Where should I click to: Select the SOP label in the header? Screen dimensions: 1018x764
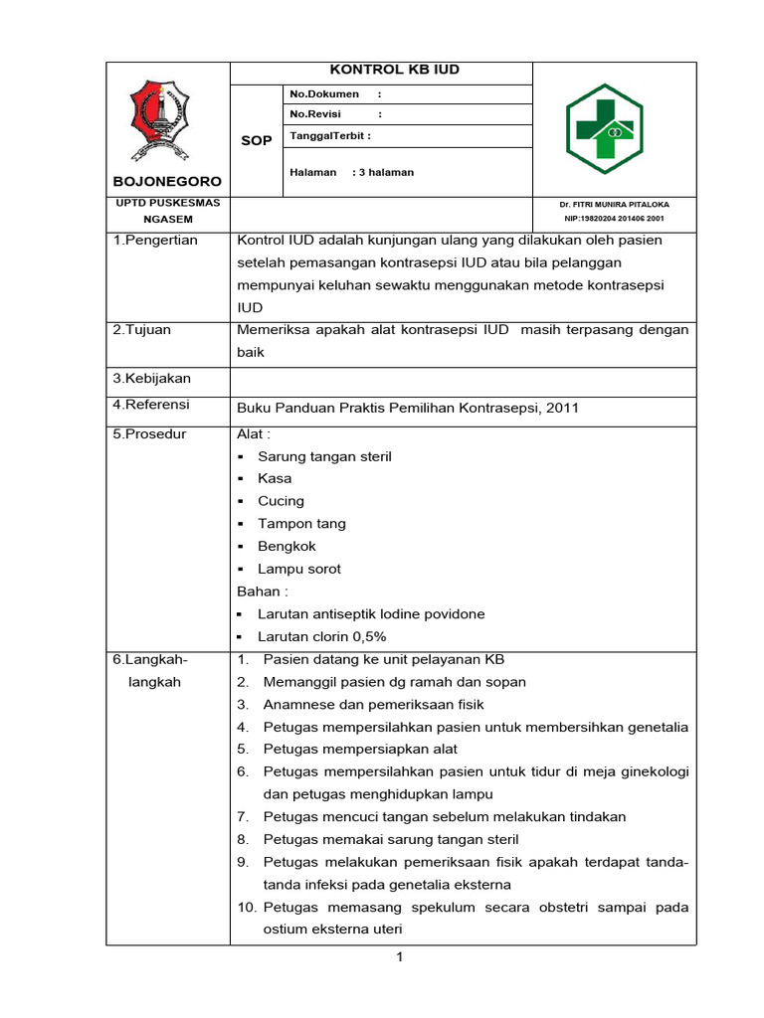coord(257,141)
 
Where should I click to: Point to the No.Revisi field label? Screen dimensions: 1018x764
coord(314,114)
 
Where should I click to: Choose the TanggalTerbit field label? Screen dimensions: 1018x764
coord(329,135)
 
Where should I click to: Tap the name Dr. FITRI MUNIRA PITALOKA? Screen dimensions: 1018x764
coord(612,203)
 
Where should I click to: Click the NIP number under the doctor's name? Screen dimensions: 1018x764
coord(614,218)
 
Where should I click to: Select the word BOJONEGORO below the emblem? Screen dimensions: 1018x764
coord(166,182)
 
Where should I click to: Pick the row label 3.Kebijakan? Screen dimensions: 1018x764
coord(151,379)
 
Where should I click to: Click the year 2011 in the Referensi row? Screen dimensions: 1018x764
coord(563,408)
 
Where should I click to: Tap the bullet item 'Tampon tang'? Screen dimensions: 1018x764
coord(302,524)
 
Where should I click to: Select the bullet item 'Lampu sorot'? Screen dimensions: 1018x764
coord(298,570)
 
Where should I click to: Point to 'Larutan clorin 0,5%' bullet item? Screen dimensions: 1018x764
coord(321,637)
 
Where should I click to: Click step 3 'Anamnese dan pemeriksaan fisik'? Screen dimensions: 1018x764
coord(373,705)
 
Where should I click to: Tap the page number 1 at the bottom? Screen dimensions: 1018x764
coord(399,957)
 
